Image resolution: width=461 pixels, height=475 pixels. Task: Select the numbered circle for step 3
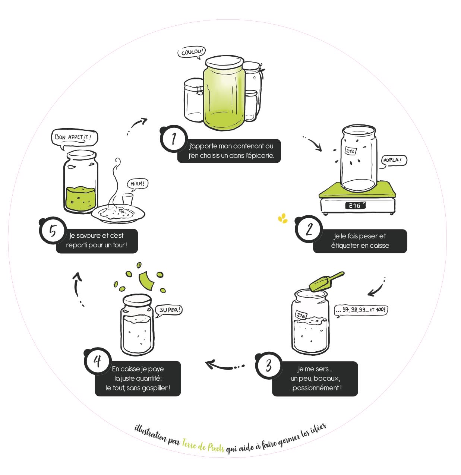pyautogui.click(x=268, y=365)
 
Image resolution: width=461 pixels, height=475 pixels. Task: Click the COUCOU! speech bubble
pyautogui.click(x=192, y=52)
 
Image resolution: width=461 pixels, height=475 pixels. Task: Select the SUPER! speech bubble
pyautogui.click(x=170, y=310)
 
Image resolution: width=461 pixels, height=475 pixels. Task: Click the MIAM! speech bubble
pyautogui.click(x=138, y=184)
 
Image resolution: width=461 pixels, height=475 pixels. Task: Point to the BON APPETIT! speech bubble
pyautogui.click(x=73, y=137)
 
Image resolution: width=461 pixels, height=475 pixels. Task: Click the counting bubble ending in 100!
pyautogui.click(x=361, y=310)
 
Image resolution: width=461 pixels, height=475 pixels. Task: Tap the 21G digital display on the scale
pyautogui.click(x=355, y=205)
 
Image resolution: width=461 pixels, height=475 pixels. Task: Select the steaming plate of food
pyautogui.click(x=118, y=213)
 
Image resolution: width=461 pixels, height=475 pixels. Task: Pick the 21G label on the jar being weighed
pyautogui.click(x=350, y=151)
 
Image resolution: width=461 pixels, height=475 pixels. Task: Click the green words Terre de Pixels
pyautogui.click(x=203, y=446)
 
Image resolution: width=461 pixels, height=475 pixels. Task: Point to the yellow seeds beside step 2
pyautogui.click(x=282, y=219)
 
